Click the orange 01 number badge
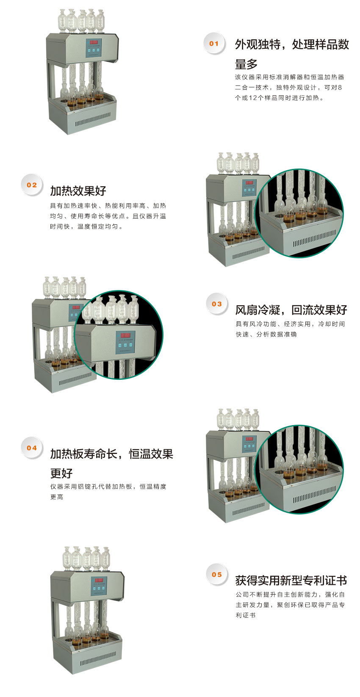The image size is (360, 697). pyautogui.click(x=214, y=44)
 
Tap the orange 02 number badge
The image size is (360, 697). pyautogui.click(x=32, y=185)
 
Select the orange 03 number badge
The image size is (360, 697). pyautogui.click(x=217, y=304)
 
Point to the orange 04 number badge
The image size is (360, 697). pyautogui.click(x=32, y=448)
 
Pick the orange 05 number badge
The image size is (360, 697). pyautogui.click(x=217, y=575)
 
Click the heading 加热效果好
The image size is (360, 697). pyautogui.click(x=78, y=191)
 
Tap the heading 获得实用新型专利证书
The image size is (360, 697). pyautogui.click(x=291, y=580)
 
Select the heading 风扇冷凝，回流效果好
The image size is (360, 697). pyautogui.click(x=291, y=310)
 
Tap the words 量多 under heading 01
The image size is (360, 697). pyautogui.click(x=246, y=64)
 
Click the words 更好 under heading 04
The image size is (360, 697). pyautogui.click(x=61, y=473)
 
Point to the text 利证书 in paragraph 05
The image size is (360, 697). pyautogui.click(x=246, y=615)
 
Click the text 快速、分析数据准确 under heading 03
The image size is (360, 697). pyautogui.click(x=266, y=334)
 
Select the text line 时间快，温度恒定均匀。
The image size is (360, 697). pyautogui.click(x=86, y=227)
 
